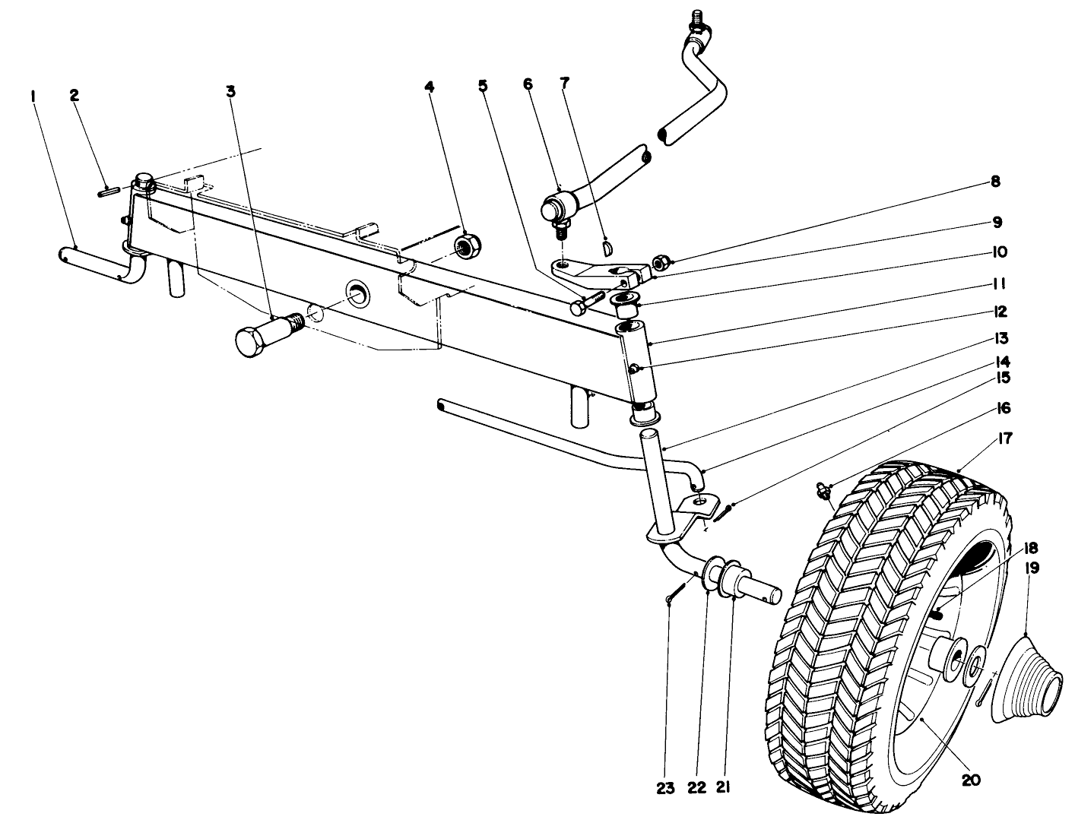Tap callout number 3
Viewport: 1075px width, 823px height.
230,91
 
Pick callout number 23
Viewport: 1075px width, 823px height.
665,789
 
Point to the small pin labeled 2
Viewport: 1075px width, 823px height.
108,192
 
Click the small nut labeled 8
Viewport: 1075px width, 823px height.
661,262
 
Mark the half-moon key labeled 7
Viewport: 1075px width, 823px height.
605,245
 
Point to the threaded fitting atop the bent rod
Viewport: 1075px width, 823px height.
696,19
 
